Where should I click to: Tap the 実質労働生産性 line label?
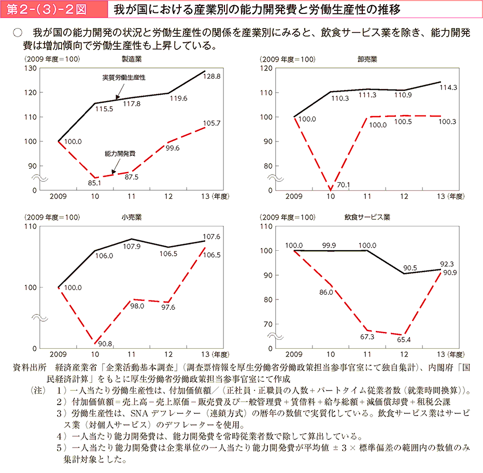124,77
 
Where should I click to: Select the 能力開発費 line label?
120,154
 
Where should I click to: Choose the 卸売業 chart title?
367,59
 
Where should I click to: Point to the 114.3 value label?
448,88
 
